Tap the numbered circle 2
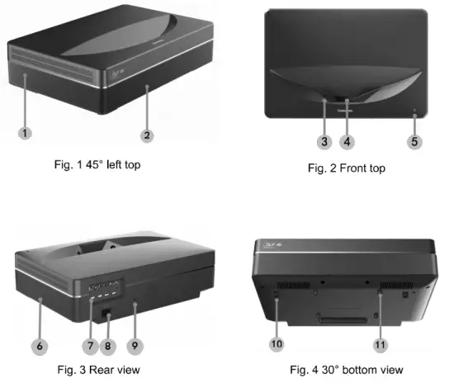pos(146,134)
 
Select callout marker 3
pos(325,141)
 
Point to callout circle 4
pos(348,141)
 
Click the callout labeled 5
pos(414,141)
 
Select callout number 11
pos(381,339)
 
